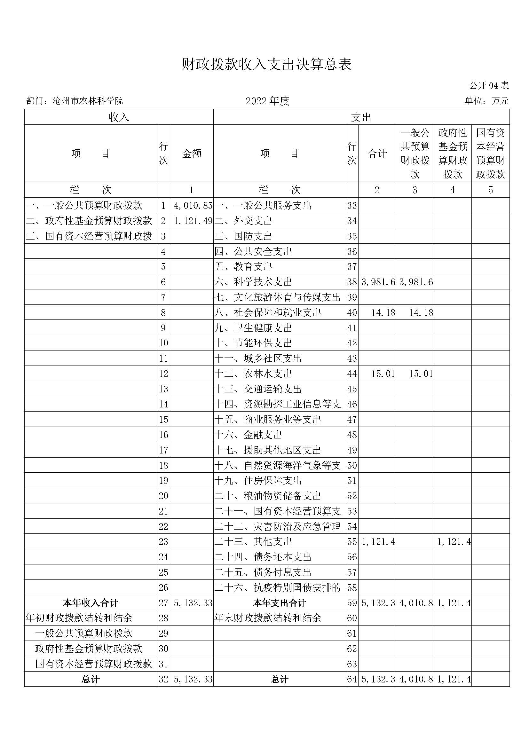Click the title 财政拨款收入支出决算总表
coord(267,65)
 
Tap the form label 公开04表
coord(489,86)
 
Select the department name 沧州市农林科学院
coord(88,101)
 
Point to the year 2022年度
coord(267,101)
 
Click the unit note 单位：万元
coord(486,101)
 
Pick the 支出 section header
coord(361,117)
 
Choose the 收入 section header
coord(119,117)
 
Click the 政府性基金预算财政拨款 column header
coord(453,154)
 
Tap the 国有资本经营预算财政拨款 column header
coord(490,154)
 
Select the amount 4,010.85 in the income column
coord(193,206)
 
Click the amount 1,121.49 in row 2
coord(193,221)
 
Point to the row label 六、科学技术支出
coord(253,282)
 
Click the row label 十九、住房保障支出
coord(258,481)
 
